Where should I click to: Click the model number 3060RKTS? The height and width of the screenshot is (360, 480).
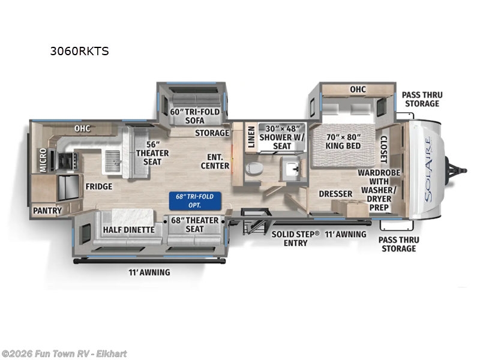[x=79, y=51]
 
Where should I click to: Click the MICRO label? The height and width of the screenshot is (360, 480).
[x=43, y=160]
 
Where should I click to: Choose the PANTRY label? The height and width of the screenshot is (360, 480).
[x=47, y=211]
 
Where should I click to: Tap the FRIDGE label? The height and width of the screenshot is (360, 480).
[x=98, y=187]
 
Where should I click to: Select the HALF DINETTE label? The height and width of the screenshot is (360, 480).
[x=128, y=229]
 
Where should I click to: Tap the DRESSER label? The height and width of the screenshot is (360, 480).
[x=335, y=194]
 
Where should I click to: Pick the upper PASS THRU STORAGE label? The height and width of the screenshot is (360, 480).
[x=420, y=99]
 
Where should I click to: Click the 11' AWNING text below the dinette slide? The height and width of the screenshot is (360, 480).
[x=149, y=272]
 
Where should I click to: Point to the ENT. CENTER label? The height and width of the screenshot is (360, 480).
[x=215, y=161]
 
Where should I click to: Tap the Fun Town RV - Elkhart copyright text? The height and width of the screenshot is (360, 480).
[x=64, y=354]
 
